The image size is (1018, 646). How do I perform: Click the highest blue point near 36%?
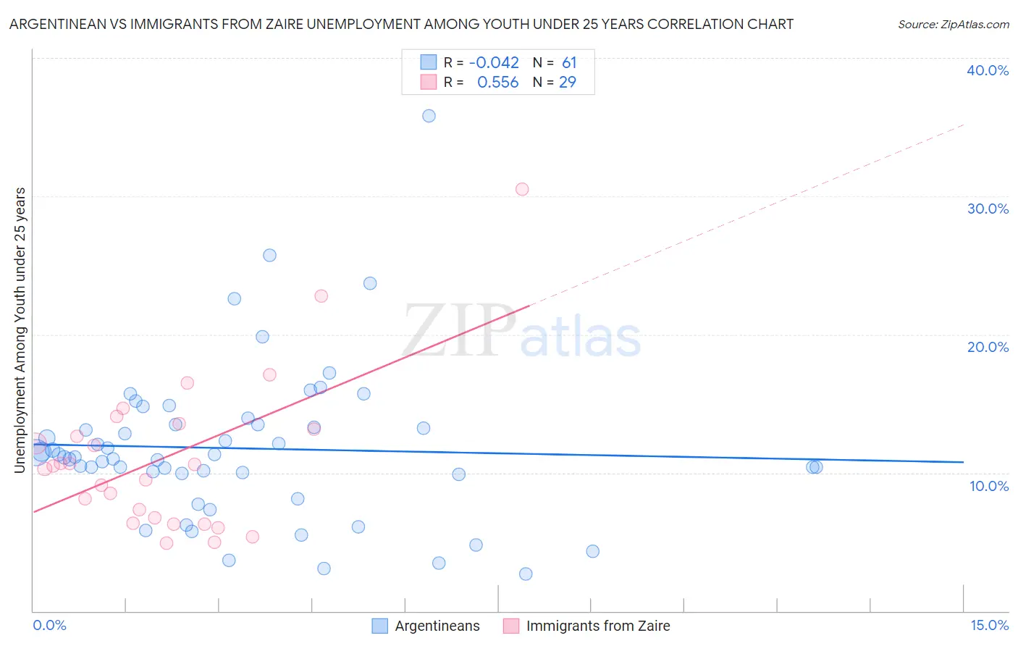(x=429, y=116)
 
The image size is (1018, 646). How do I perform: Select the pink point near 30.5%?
(x=522, y=189)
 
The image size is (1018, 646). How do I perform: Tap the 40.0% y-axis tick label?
(x=988, y=70)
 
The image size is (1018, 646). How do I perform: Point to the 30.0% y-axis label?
(x=988, y=209)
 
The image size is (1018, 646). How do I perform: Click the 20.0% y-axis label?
(x=988, y=347)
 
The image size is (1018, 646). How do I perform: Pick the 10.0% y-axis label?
(x=989, y=486)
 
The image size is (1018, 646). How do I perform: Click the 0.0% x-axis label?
(x=49, y=625)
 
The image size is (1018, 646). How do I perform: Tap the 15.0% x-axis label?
(x=989, y=625)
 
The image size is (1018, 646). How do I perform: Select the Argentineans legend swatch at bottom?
(x=379, y=626)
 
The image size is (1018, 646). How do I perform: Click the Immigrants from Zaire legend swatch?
(x=511, y=626)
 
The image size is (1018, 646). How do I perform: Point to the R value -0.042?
(x=494, y=63)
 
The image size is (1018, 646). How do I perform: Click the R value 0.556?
(x=497, y=83)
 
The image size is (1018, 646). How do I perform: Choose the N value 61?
(x=569, y=63)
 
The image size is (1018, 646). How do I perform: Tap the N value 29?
(x=568, y=83)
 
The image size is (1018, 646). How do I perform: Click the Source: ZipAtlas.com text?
(x=953, y=25)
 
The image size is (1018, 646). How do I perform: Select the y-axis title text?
(x=20, y=330)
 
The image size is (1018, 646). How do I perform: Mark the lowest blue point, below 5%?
(x=526, y=574)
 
